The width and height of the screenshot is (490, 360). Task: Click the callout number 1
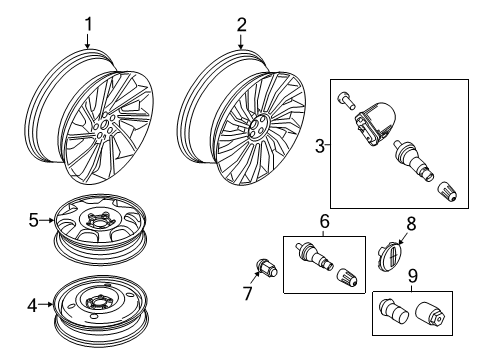pos(87,24)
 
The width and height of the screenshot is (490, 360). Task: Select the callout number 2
pos(241,24)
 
